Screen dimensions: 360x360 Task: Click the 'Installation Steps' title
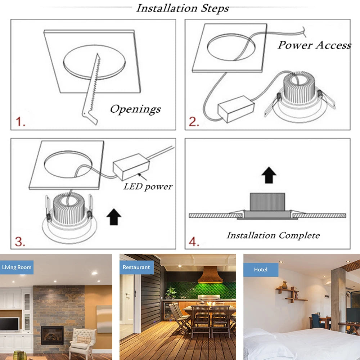coord(182,8)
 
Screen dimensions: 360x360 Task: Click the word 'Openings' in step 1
coord(135,109)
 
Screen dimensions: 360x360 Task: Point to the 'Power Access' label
coord(314,45)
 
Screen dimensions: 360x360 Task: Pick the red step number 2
coord(194,122)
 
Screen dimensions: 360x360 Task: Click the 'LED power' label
coord(148,186)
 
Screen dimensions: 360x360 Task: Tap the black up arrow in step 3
coord(114,217)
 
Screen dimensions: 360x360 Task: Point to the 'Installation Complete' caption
coord(273,235)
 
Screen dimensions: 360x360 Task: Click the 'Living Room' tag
coord(17,267)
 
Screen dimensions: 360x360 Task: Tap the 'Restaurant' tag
coord(136,267)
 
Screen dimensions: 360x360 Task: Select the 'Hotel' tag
coord(261,270)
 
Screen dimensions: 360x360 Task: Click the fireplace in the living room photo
coord(52,335)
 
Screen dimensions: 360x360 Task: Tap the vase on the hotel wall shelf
coord(285,285)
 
